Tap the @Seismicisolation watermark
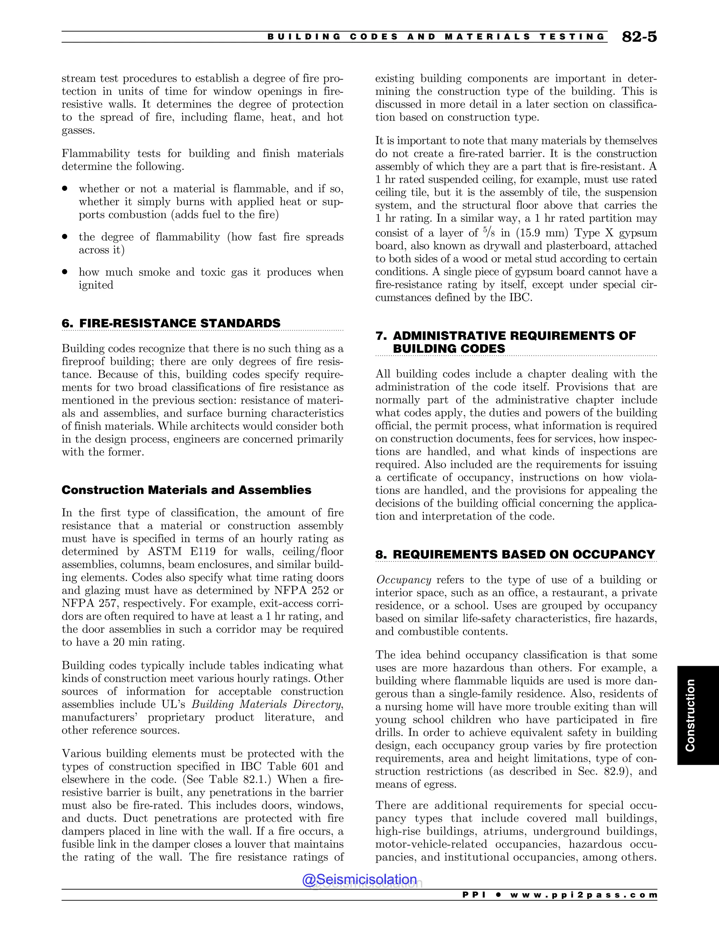pyautogui.click(x=359, y=879)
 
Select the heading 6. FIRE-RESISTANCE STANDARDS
pyautogui.click(x=171, y=323)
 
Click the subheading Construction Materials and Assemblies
pyautogui.click(x=186, y=490)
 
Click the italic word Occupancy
pyautogui.click(x=403, y=580)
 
